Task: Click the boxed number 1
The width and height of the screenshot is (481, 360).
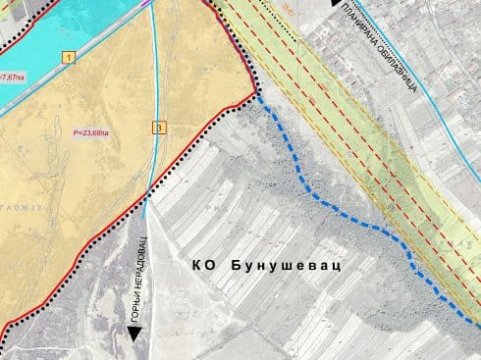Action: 69,58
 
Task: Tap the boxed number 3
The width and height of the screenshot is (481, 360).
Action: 160,127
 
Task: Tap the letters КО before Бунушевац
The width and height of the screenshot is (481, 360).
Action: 203,267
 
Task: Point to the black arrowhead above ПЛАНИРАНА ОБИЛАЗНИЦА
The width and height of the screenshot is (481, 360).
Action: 337,3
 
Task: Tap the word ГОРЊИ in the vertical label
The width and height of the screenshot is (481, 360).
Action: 137,307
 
